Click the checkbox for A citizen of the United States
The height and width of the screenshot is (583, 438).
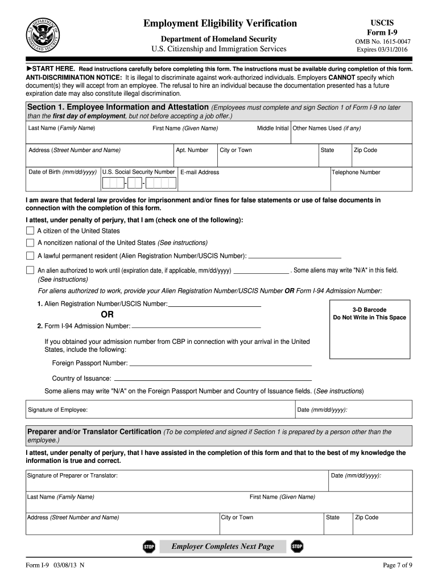click(x=30, y=231)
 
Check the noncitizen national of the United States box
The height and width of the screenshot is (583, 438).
click(x=30, y=242)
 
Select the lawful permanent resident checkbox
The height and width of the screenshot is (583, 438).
click(x=30, y=256)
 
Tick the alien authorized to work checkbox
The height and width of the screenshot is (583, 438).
click(x=30, y=270)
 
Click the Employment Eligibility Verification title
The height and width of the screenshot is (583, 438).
click(x=220, y=23)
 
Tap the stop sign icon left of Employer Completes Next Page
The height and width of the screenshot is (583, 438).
click(x=149, y=547)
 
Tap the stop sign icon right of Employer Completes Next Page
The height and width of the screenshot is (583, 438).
click(x=297, y=547)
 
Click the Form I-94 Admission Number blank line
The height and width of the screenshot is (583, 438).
click(x=196, y=327)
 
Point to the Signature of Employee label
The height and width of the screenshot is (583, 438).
click(x=58, y=410)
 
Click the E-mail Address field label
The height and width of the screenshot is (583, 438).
click(x=200, y=172)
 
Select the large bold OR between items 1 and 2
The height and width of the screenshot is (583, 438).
click(x=107, y=314)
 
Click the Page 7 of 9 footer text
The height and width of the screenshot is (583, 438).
click(x=398, y=565)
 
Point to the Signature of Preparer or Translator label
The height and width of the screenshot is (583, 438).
click(x=72, y=475)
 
